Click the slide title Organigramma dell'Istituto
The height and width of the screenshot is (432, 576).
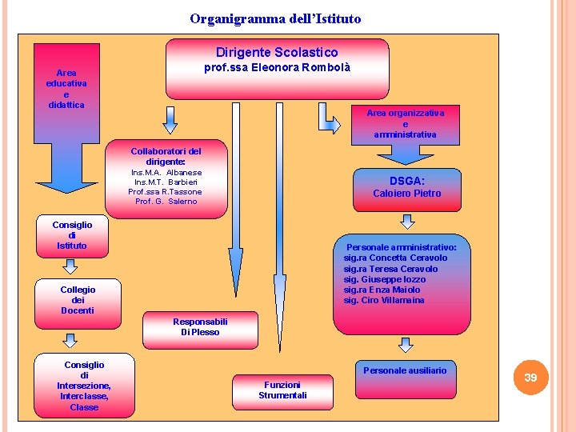coord(275,18)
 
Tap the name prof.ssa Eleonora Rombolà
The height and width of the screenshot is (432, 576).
coord(277,68)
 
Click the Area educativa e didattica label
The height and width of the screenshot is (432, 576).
coord(66,89)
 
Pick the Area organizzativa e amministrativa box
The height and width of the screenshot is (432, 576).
coord(405,124)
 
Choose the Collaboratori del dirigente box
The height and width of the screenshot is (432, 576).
coord(166,175)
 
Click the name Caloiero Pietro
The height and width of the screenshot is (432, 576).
coord(406,194)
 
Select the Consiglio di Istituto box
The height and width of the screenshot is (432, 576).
coord(72,235)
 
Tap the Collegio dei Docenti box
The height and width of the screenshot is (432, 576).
coord(77,300)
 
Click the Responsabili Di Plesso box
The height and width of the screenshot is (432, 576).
coord(200,327)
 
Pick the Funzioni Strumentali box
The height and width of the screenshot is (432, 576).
coord(282,390)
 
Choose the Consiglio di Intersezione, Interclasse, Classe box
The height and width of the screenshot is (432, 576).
coord(84,386)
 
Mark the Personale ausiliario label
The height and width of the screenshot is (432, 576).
coord(405,370)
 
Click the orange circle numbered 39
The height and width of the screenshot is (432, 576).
coord(530,377)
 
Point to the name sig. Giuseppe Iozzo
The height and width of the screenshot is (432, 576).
coord(384,279)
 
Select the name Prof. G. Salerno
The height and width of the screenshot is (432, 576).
coord(166,202)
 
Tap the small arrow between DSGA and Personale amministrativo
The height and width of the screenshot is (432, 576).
coord(406,222)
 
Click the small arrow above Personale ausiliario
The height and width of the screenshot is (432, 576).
coord(406,345)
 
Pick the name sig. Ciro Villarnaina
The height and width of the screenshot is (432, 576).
coord(384,300)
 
